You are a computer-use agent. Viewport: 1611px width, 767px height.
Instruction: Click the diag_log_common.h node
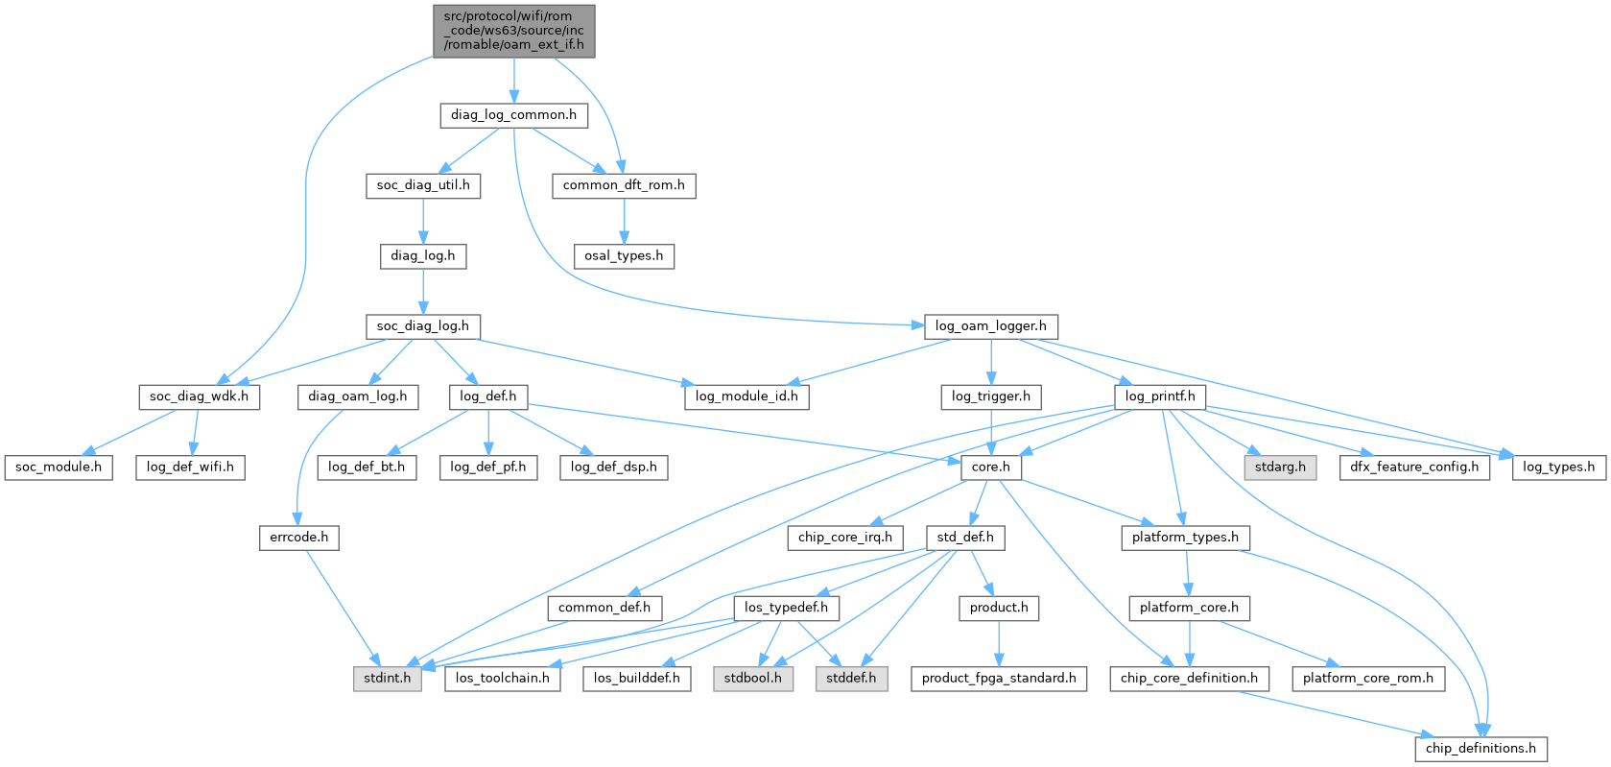[513, 115]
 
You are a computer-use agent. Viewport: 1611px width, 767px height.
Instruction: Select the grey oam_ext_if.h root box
[513, 31]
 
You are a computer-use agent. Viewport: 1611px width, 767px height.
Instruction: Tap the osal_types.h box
[624, 256]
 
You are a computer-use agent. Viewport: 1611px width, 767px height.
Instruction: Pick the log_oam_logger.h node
[990, 326]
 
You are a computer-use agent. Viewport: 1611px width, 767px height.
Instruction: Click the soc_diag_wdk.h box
[200, 397]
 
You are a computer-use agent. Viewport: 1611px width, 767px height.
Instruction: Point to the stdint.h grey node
[387, 679]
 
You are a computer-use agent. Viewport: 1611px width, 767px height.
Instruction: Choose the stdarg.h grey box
[1280, 467]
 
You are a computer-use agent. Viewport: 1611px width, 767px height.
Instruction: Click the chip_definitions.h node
[1481, 749]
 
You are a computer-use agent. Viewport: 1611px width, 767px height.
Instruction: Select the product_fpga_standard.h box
[999, 679]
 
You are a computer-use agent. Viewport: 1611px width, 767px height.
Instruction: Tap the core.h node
[990, 467]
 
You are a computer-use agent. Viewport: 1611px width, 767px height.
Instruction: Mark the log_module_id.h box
[746, 397]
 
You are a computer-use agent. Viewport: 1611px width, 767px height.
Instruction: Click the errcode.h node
[299, 538]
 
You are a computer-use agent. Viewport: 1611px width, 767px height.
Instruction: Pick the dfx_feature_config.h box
[1414, 467]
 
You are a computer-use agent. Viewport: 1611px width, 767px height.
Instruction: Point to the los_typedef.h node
[786, 608]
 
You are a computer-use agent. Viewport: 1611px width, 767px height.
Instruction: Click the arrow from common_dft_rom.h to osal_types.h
[624, 221]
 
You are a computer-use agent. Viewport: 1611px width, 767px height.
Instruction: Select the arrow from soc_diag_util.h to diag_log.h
[423, 221]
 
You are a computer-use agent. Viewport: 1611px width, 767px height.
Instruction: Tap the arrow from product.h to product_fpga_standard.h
[999, 643]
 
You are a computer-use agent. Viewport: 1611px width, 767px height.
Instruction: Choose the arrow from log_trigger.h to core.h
[990, 432]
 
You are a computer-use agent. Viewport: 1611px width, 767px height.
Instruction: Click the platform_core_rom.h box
[1368, 679]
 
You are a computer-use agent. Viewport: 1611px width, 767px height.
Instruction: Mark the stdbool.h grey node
[753, 679]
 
